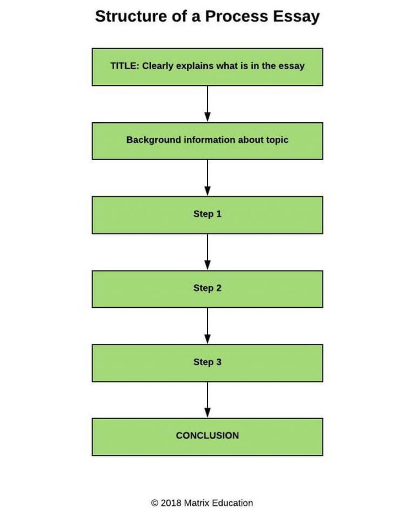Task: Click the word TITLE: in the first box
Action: pos(125,66)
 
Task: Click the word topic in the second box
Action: pos(276,140)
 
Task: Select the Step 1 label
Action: pos(207,214)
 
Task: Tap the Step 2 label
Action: pos(207,288)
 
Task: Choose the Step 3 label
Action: pos(207,362)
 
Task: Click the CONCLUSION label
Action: pos(207,435)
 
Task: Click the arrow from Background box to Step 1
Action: pos(207,178)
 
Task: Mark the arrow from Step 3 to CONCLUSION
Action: pos(207,400)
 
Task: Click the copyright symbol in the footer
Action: pos(155,503)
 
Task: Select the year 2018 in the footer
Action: pos(171,503)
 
